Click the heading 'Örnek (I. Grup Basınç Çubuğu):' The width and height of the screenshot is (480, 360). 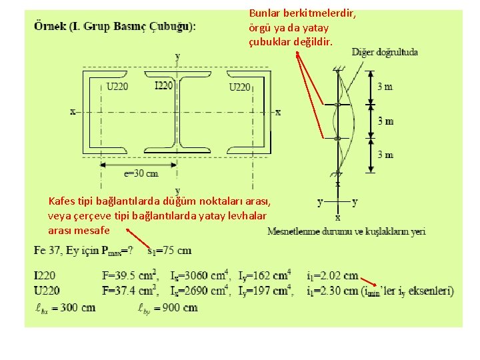click(115, 27)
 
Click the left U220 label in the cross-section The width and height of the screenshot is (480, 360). click(117, 87)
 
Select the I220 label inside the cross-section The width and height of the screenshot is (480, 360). click(163, 85)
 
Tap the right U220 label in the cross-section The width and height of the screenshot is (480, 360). click(239, 87)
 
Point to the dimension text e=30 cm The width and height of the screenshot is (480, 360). click(141, 173)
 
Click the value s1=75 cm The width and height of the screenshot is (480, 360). click(169, 251)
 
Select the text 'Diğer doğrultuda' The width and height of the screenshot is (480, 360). click(385, 52)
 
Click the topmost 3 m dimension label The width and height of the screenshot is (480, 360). click(385, 87)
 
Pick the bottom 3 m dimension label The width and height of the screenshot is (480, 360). click(385, 155)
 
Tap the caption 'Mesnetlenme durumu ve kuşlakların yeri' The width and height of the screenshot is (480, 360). click(346, 231)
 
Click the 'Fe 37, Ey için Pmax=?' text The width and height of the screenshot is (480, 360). click(83, 251)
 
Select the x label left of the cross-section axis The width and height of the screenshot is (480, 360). click(72, 111)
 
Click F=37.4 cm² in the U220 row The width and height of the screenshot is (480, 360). click(129, 291)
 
